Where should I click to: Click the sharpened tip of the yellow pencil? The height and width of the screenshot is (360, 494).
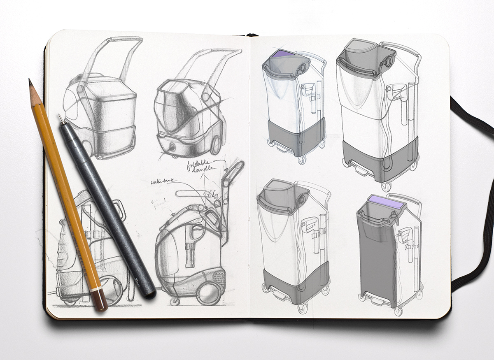click(x=30, y=81)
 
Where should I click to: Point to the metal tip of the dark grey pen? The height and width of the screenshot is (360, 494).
click(x=61, y=118)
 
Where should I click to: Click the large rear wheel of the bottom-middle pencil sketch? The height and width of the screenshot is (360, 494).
click(x=208, y=294)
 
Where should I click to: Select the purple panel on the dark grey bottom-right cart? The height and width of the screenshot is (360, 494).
click(x=386, y=201)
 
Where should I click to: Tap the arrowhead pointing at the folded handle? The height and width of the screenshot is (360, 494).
click(x=226, y=169)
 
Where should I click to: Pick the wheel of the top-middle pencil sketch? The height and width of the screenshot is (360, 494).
click(x=216, y=144)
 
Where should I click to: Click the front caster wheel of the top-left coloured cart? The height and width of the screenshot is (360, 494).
click(x=302, y=160)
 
